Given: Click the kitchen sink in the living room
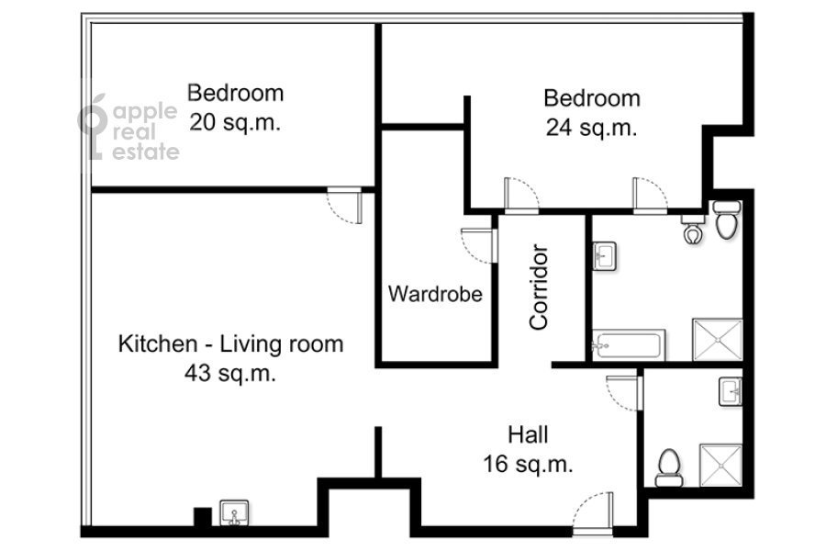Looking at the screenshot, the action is pos(234,512).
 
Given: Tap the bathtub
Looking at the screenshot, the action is pos(629,345).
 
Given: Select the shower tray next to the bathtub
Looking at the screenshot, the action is pos(717,340).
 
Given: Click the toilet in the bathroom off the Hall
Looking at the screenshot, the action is pos(669,467).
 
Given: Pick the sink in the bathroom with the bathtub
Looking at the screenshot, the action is pos(604,256).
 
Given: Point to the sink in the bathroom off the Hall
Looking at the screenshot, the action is pos(731,392).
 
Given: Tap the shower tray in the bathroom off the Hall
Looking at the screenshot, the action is pos(720,465).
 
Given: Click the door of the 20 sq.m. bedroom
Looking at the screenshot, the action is pos(345,205).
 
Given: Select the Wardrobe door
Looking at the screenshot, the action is pos(479,246).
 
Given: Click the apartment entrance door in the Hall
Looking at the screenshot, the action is pos(593,513).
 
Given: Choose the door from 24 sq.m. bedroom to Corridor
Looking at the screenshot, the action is pos(521,196).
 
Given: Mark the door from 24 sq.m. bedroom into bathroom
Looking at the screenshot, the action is pos(650,196).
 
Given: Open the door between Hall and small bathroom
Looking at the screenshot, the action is pos(624,393).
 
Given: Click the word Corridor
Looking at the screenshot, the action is pos(539,287).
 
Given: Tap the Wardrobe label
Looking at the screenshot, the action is pos(435,294).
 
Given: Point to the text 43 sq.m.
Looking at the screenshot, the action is pos(230,374).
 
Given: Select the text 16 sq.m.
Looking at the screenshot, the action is pos(528,464).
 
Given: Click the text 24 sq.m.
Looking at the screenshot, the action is pos(592,128).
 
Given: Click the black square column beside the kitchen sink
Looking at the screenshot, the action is pos(202,517).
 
